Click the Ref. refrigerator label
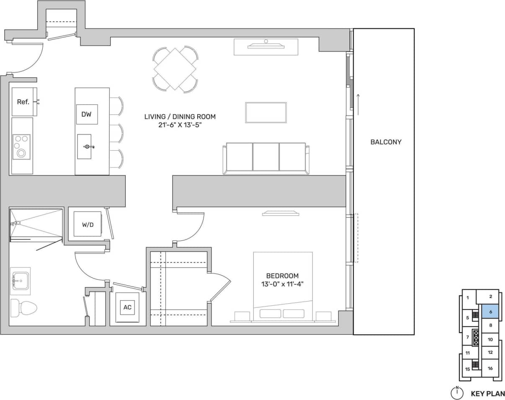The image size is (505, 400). click(23, 102)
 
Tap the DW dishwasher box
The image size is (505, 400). click(87, 114)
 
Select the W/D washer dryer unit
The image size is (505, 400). click(88, 225)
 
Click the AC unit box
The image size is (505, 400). click(127, 307)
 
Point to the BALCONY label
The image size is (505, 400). click(386, 142)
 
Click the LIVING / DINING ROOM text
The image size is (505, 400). click(180, 117)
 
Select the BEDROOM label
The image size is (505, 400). click(282, 276)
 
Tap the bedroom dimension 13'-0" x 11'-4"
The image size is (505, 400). click(282, 284)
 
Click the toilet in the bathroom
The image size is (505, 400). click(23, 307)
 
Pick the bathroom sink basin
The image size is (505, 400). click(20, 279)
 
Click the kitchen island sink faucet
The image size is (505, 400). click(88, 146)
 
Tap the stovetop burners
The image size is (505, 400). click(21, 146)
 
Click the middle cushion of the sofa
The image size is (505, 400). click(266, 157)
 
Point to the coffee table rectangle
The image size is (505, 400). click(266, 113)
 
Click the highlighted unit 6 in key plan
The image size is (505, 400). click(490, 312)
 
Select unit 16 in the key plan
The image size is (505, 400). click(490, 368)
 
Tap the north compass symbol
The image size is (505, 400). click(457, 393)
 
